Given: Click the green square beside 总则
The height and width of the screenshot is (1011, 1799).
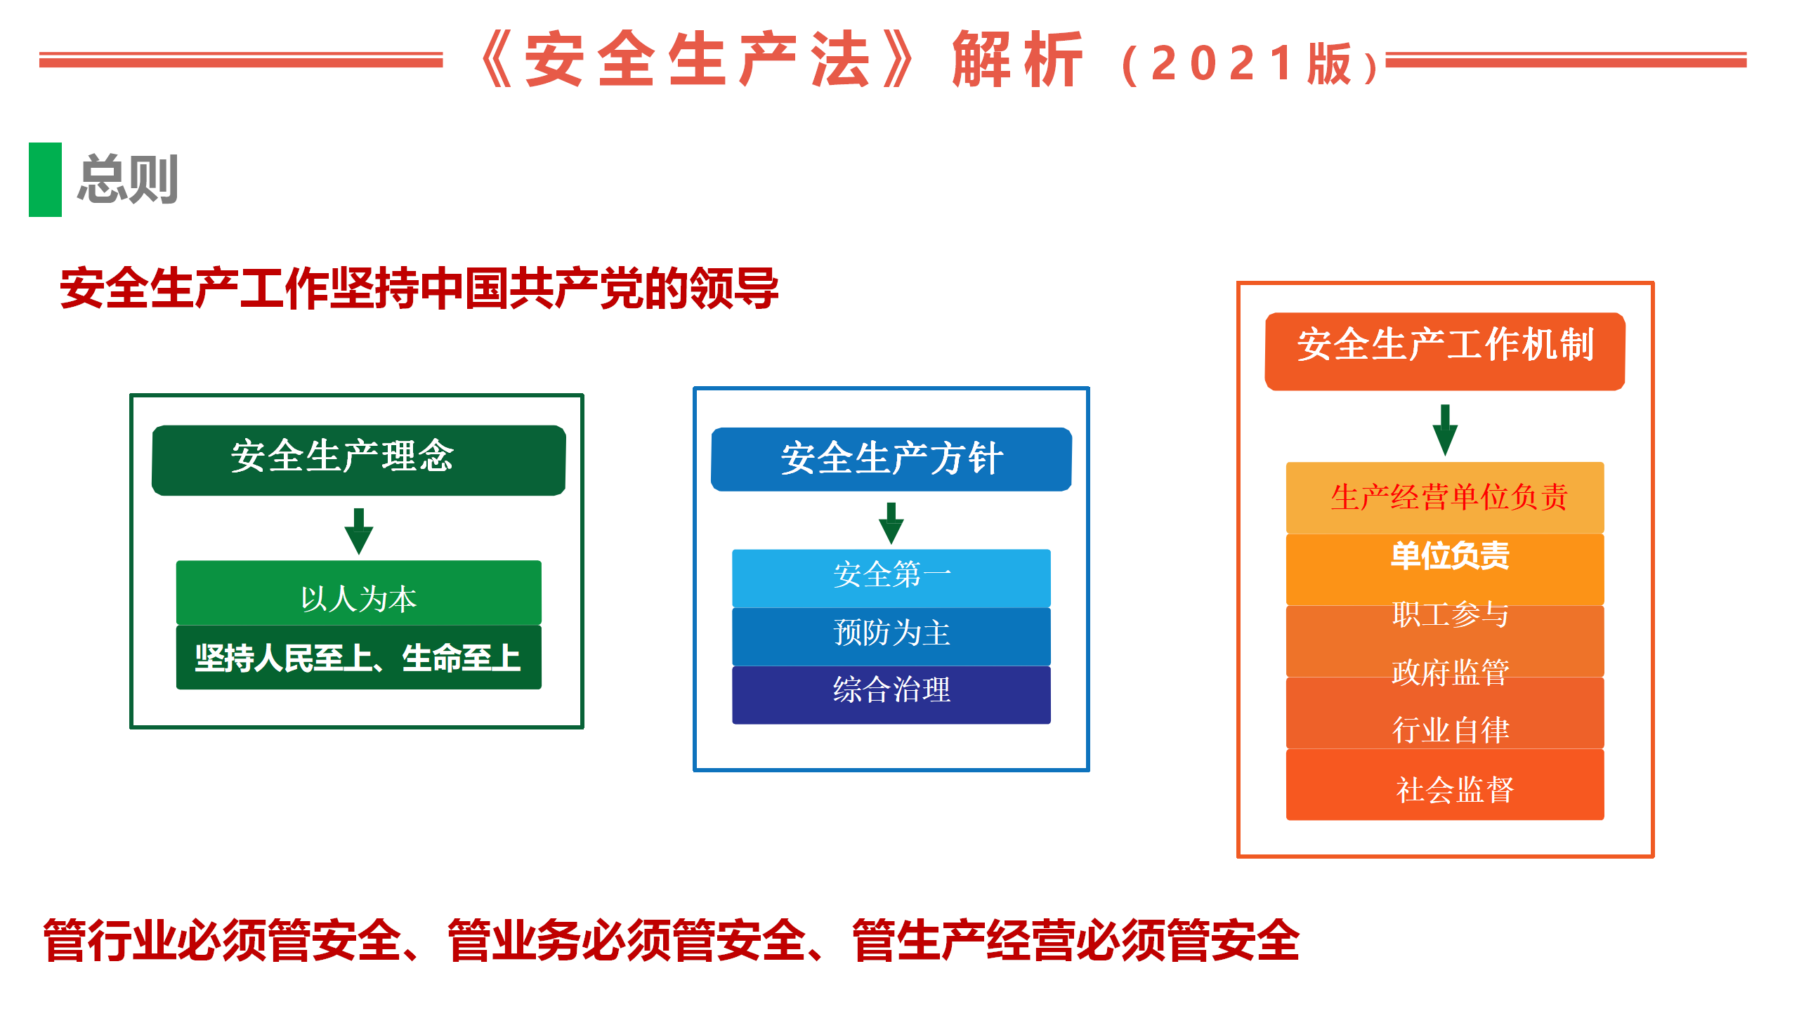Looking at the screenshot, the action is point(45,180).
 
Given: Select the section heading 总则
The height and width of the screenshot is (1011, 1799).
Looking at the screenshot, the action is point(128,180).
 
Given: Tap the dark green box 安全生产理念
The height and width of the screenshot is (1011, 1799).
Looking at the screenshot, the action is point(359,460).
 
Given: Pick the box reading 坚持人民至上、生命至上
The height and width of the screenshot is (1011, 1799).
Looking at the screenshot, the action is point(359,657).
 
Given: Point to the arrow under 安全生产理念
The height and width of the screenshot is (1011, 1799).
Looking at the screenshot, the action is point(359,531).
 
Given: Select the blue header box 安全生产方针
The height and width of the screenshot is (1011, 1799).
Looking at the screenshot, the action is point(891,459).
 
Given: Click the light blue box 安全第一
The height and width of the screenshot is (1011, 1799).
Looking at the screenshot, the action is point(891,578).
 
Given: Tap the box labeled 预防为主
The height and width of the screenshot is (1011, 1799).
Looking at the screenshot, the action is point(891,636).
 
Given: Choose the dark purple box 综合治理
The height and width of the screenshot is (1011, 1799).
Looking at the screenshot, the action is point(891,694).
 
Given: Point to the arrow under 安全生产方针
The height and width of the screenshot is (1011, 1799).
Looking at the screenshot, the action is point(891,524).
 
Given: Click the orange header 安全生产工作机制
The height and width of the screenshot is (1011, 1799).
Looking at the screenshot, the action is point(1445,351).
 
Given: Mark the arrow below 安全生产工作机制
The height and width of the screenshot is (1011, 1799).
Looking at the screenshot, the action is point(1445,430).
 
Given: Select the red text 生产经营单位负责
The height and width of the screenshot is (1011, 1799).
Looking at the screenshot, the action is point(1449,497).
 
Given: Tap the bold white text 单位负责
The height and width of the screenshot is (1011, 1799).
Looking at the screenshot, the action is point(1450,555).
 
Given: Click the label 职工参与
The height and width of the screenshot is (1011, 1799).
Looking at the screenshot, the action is point(1451,614).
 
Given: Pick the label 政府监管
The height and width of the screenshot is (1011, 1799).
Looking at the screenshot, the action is point(1451,673).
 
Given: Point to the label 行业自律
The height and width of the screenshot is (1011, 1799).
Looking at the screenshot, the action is point(1451,730).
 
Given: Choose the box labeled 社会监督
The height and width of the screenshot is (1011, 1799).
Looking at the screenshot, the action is point(1445,784).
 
